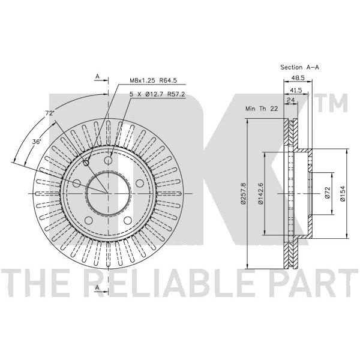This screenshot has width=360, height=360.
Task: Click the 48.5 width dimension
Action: tap(298, 78)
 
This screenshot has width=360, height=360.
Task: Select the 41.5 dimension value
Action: tap(296, 90)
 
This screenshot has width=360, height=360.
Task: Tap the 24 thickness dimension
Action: tap(290, 100)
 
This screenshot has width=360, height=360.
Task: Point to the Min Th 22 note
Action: tap(262, 109)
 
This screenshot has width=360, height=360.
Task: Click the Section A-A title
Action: tap(299, 67)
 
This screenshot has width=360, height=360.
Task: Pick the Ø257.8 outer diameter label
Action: tap(244, 193)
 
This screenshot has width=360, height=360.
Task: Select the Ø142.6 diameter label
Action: tap(260, 193)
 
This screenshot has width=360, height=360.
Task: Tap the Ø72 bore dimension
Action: tap(328, 193)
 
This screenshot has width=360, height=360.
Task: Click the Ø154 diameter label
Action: tap(343, 194)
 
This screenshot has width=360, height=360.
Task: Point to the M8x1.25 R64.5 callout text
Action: tap(153, 80)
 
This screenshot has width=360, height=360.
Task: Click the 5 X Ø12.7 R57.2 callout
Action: tap(157, 94)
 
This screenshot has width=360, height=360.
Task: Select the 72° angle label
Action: tap(49, 113)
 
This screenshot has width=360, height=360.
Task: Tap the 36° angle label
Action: tap(37, 142)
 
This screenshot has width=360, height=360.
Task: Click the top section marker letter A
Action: tap(97, 76)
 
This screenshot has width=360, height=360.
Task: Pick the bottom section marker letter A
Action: tap(97, 287)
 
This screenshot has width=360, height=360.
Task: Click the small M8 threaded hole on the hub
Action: tap(86, 163)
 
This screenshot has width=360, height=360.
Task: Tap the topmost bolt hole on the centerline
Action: tap(108, 160)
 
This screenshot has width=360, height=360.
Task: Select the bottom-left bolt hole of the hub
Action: tap(88, 220)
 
